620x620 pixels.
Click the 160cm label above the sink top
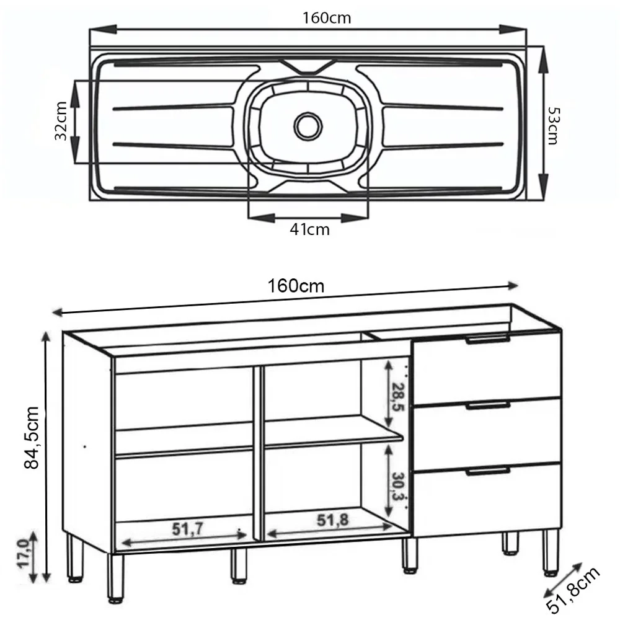(x=327, y=18)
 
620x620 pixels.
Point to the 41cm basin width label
(x=309, y=230)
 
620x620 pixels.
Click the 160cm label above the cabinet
(x=296, y=286)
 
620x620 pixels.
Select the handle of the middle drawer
(x=488, y=405)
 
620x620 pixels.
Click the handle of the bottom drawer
(x=488, y=471)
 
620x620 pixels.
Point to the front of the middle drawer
(x=488, y=434)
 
